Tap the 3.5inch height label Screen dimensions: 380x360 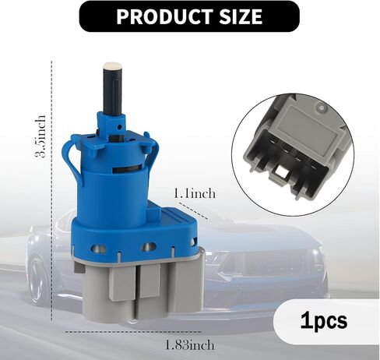(x=40, y=136)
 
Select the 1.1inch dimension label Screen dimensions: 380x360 (x=194, y=194)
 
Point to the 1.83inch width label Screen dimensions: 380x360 (x=190, y=345)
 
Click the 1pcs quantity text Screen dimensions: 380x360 (x=324, y=321)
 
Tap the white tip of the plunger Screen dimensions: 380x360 (x=113, y=65)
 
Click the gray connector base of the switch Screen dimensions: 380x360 (x=139, y=283)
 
